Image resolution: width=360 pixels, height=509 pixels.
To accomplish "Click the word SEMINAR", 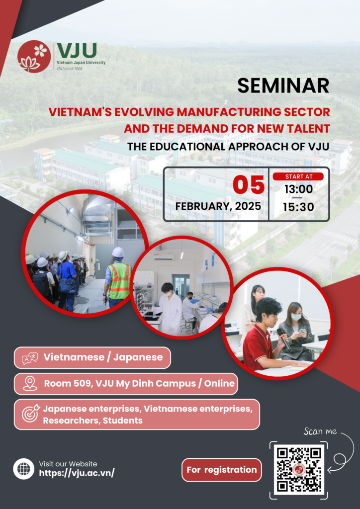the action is [283, 86].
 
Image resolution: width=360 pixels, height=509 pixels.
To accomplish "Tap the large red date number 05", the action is [249, 185].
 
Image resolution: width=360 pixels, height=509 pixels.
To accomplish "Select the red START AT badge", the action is [298, 176].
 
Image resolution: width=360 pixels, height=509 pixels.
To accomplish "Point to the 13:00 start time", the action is [299, 189].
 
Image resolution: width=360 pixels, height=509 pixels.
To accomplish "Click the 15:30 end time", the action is [299, 207].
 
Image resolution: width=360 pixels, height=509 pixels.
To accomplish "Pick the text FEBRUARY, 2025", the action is [218, 206].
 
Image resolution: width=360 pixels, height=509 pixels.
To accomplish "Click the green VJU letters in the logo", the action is [77, 51].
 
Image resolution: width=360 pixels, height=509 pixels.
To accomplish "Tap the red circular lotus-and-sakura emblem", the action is [34, 56].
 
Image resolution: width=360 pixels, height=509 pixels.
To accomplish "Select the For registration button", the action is [222, 470].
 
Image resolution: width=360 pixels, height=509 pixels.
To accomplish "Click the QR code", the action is [299, 470].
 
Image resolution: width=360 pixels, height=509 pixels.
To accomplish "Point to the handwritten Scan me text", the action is [320, 432].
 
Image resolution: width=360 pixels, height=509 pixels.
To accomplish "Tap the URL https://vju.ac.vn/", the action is [77, 473].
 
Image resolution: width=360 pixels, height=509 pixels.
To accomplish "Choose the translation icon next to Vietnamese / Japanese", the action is [30, 358].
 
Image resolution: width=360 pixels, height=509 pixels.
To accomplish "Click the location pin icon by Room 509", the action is [30, 384].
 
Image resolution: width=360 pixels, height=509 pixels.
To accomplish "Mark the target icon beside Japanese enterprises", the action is [30, 414].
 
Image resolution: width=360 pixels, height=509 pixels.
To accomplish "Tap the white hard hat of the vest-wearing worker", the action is [118, 253].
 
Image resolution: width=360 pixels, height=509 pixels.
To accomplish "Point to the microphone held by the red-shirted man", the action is [284, 339].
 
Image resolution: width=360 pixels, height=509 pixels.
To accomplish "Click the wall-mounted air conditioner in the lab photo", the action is [163, 256].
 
